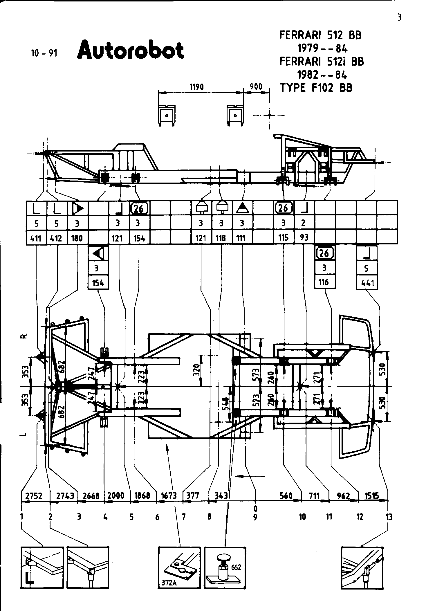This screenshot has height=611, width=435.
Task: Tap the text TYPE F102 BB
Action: point(316,88)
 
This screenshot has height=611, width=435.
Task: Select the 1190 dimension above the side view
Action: point(196,87)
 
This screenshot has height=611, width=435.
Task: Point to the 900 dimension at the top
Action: point(256,87)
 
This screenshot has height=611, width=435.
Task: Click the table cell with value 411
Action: point(36,238)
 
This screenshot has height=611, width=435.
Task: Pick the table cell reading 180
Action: point(77,238)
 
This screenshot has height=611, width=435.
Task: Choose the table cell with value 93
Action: point(304,238)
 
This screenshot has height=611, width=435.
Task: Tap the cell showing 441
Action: point(367,282)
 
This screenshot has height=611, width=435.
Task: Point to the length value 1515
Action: point(372,496)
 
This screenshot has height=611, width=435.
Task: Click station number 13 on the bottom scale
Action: point(389,517)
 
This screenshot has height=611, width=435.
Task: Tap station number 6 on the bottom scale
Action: point(157,517)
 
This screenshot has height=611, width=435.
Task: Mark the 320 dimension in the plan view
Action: point(196,371)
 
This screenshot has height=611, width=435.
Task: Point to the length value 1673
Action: point(169,496)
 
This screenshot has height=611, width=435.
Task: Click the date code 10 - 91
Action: point(44,53)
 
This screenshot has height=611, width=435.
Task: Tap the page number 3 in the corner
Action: point(399,18)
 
